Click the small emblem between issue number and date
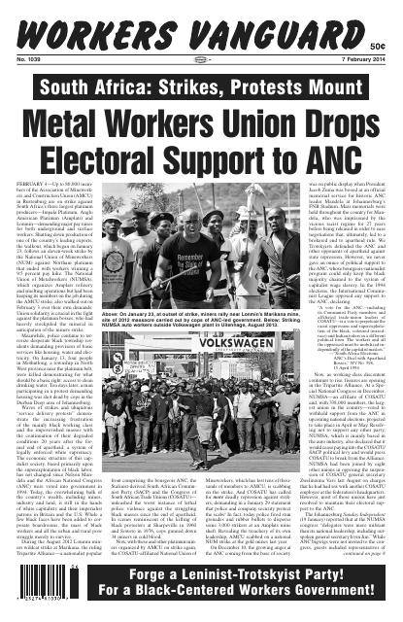pyautogui.click(x=201, y=47)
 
